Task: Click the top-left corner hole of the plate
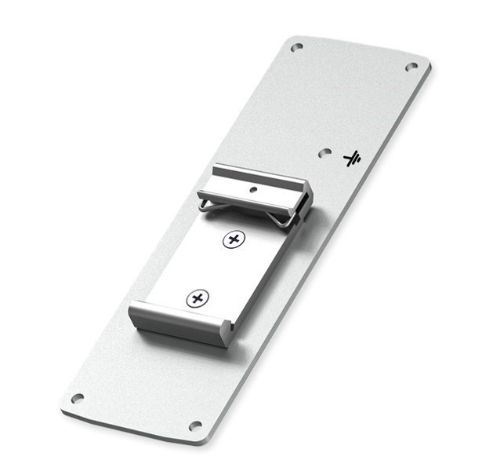point(296,47)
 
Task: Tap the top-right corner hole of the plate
point(411,67)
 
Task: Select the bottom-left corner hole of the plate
point(77,398)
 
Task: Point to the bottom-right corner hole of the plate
point(195,425)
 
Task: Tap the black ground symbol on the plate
point(352,159)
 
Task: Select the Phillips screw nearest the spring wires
point(232,239)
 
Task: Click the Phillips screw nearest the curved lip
point(198,298)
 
